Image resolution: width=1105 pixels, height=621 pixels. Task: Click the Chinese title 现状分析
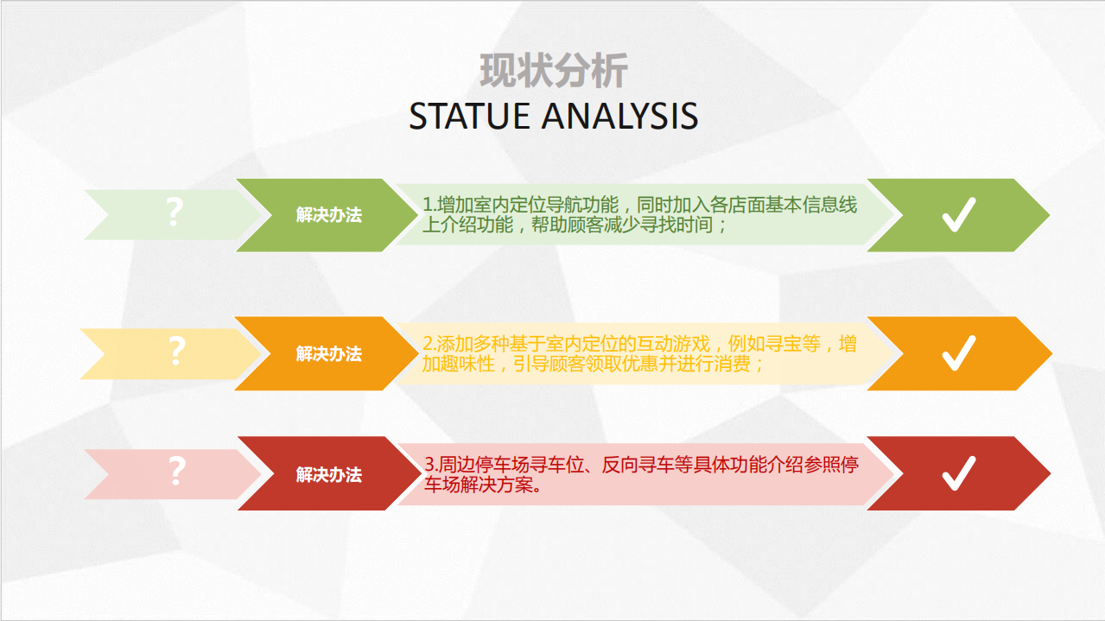553,72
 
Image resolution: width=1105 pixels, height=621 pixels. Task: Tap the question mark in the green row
175,212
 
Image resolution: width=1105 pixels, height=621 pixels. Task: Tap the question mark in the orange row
176,352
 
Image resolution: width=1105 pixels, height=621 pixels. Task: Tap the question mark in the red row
176,472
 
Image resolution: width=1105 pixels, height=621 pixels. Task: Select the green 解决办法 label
328,215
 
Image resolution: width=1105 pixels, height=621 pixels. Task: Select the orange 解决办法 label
328,353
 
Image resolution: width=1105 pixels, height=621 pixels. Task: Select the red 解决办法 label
328,474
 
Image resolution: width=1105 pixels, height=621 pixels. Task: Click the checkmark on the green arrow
958,215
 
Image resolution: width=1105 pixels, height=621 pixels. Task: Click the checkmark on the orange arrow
958,353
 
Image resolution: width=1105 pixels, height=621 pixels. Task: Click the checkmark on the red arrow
958,473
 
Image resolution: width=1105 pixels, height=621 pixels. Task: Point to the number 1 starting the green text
427,206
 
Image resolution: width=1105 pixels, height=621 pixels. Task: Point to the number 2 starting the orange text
428,344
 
